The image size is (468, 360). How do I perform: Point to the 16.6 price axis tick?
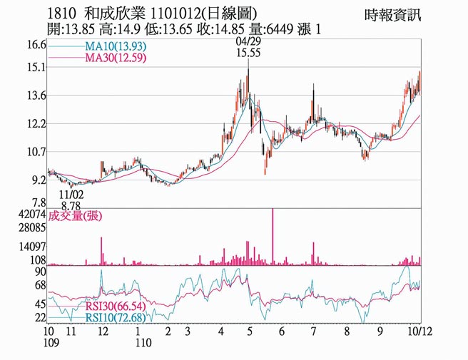click(35, 44)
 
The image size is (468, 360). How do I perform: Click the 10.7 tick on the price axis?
click(35, 152)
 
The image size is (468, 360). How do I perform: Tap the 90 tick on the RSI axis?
click(40, 272)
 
